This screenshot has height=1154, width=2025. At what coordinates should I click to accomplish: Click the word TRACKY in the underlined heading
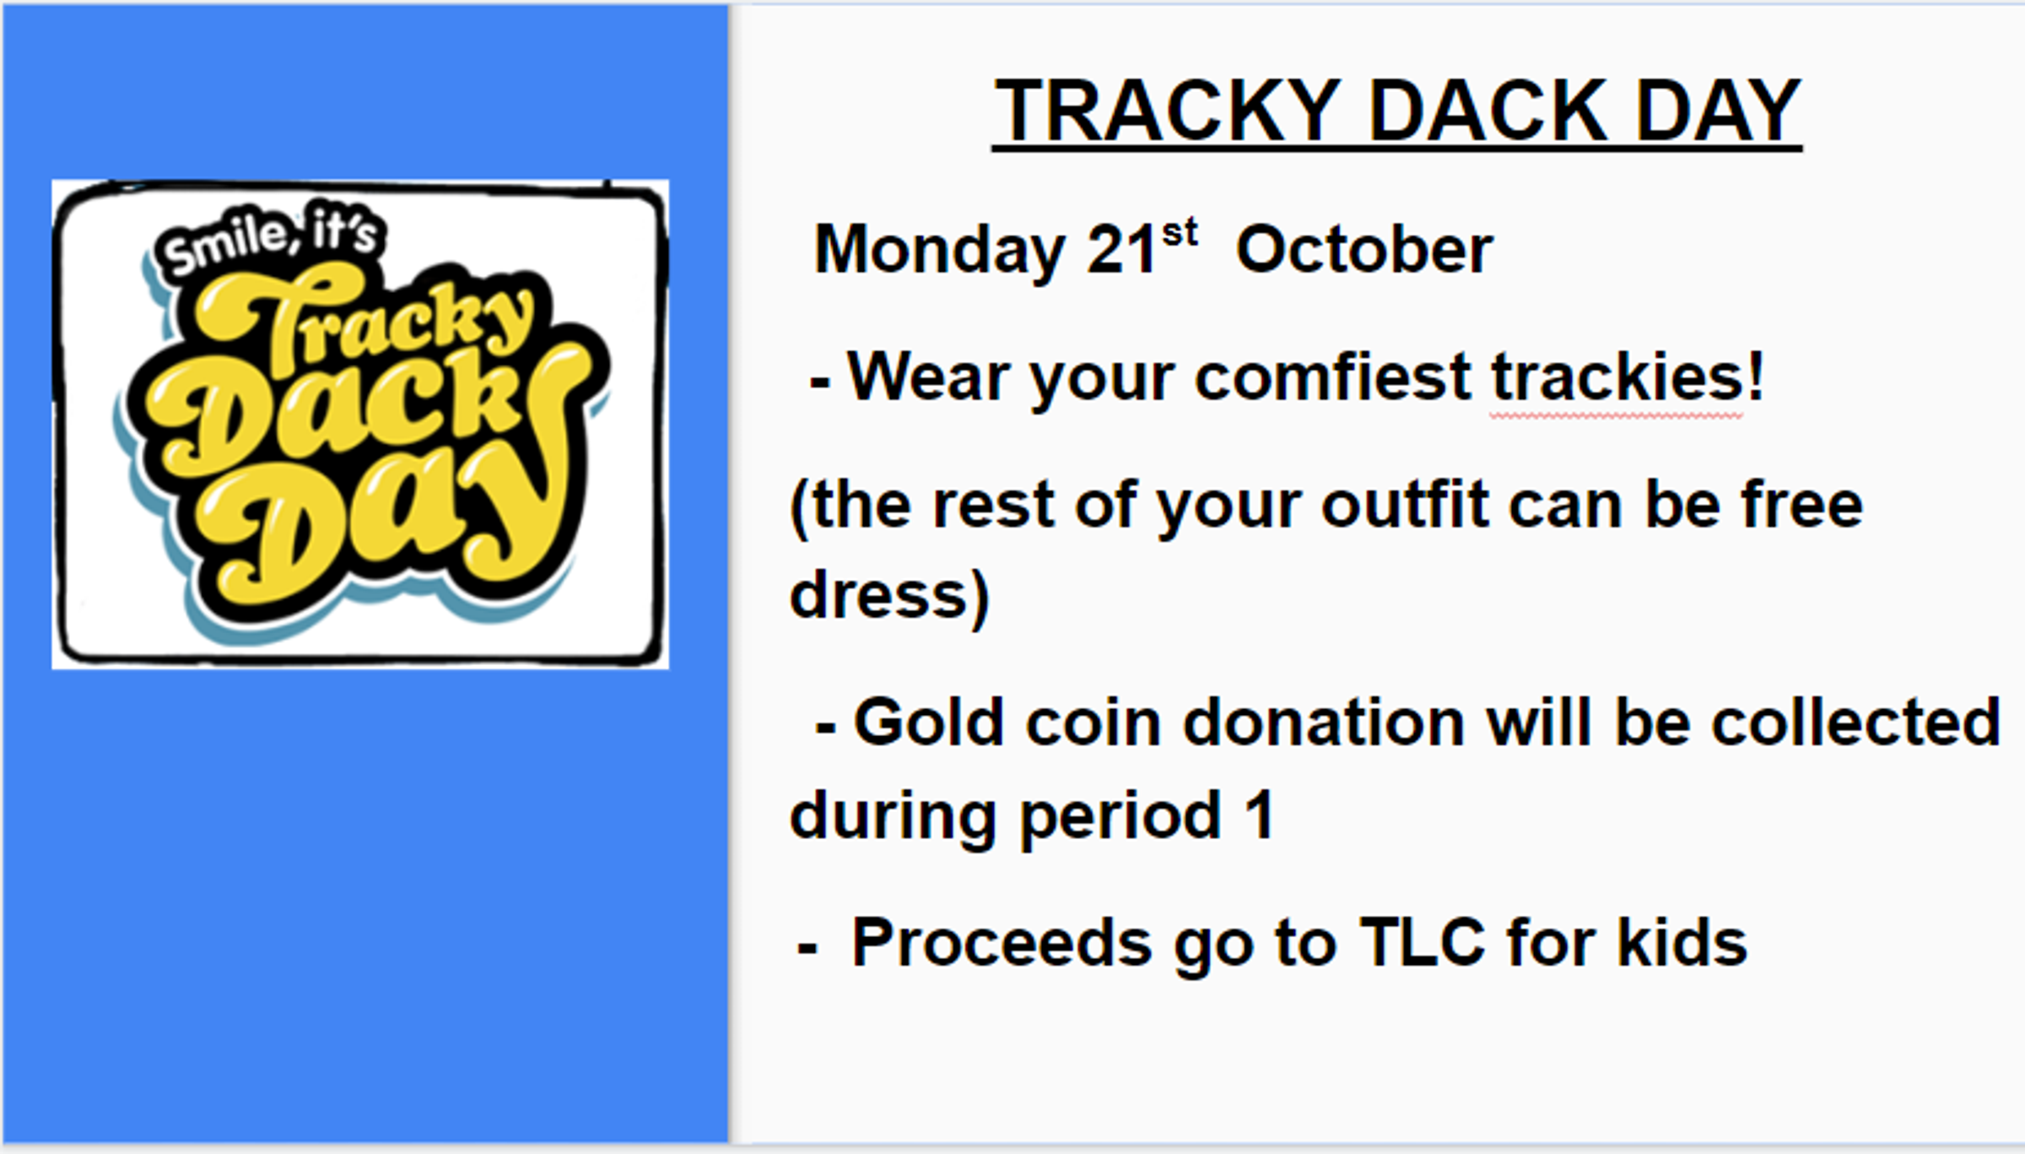point(1168,111)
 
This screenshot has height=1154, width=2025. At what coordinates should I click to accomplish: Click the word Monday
point(940,252)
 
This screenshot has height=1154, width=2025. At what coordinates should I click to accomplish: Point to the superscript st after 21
point(1180,232)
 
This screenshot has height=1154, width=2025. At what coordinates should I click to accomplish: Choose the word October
point(1364,250)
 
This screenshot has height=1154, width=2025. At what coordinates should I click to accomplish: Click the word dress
point(877,595)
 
